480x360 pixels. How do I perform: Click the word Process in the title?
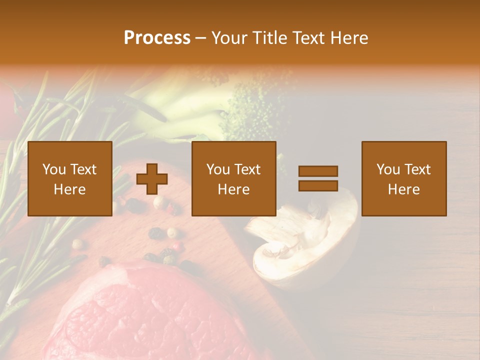[x=157, y=38]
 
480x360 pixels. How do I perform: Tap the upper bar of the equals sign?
[x=318, y=171]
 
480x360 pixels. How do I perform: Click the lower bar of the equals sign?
[x=318, y=185]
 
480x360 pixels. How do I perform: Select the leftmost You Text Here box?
[x=70, y=178]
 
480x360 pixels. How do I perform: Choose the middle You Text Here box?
[x=234, y=178]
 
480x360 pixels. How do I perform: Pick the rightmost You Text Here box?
[x=404, y=178]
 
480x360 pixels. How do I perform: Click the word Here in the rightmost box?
[x=404, y=189]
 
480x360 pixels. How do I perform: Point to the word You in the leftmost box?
[x=53, y=169]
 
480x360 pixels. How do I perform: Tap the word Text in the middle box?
[x=247, y=169]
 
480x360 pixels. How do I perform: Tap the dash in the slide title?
[x=201, y=38]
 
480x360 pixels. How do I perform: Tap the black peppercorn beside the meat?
[x=156, y=233]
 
